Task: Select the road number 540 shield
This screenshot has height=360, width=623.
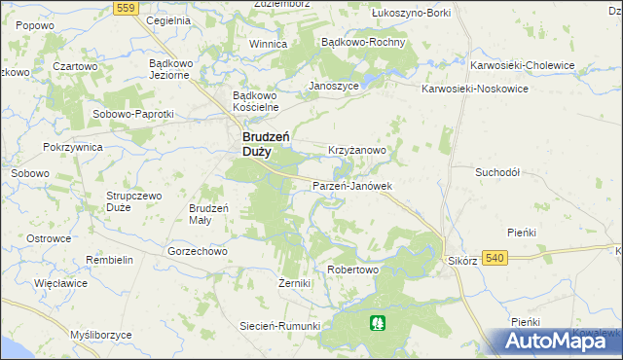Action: coord(495,257)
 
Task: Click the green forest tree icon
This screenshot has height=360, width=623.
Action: coord(376,321)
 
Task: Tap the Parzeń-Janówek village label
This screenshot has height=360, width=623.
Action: coord(351,185)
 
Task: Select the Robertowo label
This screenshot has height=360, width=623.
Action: coord(351,270)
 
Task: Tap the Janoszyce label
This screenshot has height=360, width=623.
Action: coord(334,85)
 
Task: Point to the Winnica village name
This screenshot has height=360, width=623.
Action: coord(268,44)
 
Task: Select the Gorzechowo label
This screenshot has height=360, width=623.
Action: coord(197,250)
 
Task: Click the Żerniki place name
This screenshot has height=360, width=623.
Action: coord(293,283)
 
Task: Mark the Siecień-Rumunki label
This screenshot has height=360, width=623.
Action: coord(280,326)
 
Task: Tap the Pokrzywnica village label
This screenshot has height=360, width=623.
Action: coord(73,146)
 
